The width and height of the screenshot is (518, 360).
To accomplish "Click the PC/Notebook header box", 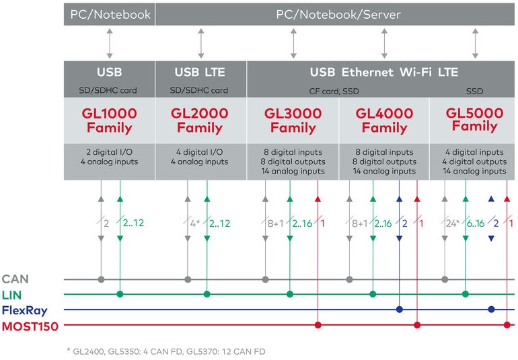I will tap(110, 14).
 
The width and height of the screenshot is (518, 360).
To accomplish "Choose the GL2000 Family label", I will tap(200, 120).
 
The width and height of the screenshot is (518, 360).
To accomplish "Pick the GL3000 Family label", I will tap(293, 120).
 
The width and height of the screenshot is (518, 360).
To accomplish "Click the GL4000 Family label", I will tap(384, 120).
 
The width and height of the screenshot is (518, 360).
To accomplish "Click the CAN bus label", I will tap(15, 279).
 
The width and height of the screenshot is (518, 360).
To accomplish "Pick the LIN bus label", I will tap(13, 294).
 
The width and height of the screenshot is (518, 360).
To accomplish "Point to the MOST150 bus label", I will tap(30, 326).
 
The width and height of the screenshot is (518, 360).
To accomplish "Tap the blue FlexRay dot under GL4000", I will tap(400, 310).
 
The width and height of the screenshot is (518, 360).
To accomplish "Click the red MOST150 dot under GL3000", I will tap(318, 326).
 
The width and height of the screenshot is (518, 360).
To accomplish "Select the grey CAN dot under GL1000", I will tap(102, 279).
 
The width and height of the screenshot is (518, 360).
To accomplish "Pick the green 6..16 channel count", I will tap(475, 223).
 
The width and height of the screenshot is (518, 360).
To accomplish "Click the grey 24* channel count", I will tap(452, 223).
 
